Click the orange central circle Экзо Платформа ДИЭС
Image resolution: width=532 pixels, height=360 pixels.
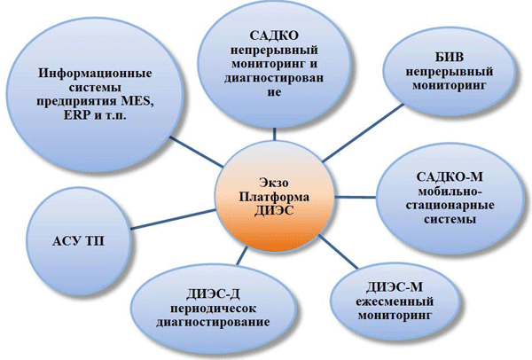(x=275, y=197)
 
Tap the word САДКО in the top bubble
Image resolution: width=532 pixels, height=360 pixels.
(x=274, y=35)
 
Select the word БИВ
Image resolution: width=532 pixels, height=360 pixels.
(x=450, y=57)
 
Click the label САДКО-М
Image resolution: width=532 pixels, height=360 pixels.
(x=450, y=176)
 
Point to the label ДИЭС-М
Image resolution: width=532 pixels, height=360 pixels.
(x=395, y=287)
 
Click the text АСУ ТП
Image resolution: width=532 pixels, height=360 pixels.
(x=78, y=241)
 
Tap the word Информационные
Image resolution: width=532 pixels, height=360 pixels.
(x=95, y=74)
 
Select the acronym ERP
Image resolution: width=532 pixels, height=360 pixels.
(x=76, y=115)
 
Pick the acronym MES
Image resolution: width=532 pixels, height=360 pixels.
(x=136, y=101)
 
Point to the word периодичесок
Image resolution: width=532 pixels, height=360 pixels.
(x=213, y=309)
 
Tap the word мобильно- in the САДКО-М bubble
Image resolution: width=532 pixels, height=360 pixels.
(x=450, y=191)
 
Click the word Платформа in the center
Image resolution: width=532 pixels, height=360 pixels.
(x=274, y=197)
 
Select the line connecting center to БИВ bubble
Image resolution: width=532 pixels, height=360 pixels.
(x=363, y=133)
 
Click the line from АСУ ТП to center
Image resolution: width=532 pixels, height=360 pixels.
(x=173, y=220)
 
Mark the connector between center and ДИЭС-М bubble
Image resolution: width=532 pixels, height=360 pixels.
(x=338, y=252)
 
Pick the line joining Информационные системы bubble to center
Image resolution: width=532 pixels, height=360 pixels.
(x=196, y=152)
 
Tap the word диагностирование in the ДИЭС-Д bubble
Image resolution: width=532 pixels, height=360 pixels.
(x=213, y=323)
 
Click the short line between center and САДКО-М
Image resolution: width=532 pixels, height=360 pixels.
(x=356, y=197)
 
